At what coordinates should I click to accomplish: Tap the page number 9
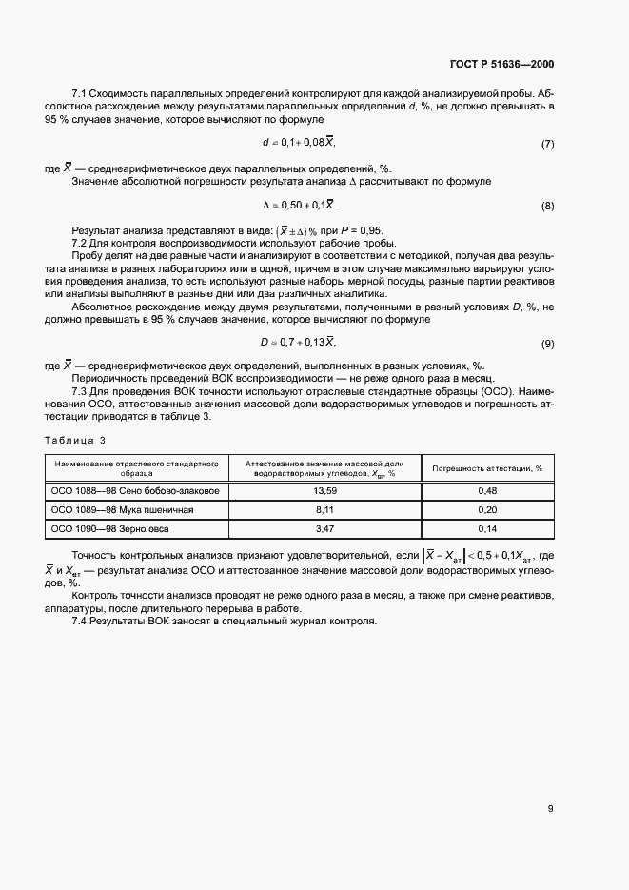click(x=551, y=809)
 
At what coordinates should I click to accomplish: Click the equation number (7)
click(x=547, y=144)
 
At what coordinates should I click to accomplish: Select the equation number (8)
click(x=547, y=207)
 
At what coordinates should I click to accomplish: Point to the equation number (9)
click(x=547, y=344)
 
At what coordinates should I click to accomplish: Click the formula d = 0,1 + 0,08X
click(x=299, y=143)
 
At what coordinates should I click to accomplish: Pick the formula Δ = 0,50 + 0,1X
click(x=299, y=206)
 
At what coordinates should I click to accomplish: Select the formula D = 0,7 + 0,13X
click(x=299, y=342)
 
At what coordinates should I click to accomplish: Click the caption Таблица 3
click(x=75, y=440)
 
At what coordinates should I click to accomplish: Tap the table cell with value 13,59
click(x=324, y=491)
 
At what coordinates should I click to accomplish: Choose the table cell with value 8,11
click(x=324, y=509)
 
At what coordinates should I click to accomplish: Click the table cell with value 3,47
click(x=324, y=527)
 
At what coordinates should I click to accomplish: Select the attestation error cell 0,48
click(x=487, y=491)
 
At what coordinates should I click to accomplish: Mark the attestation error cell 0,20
click(x=487, y=509)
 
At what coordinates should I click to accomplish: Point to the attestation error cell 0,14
click(x=487, y=527)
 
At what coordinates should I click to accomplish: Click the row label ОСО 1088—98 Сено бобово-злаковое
click(x=135, y=491)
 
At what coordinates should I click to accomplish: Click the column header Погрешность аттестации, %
click(x=487, y=468)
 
